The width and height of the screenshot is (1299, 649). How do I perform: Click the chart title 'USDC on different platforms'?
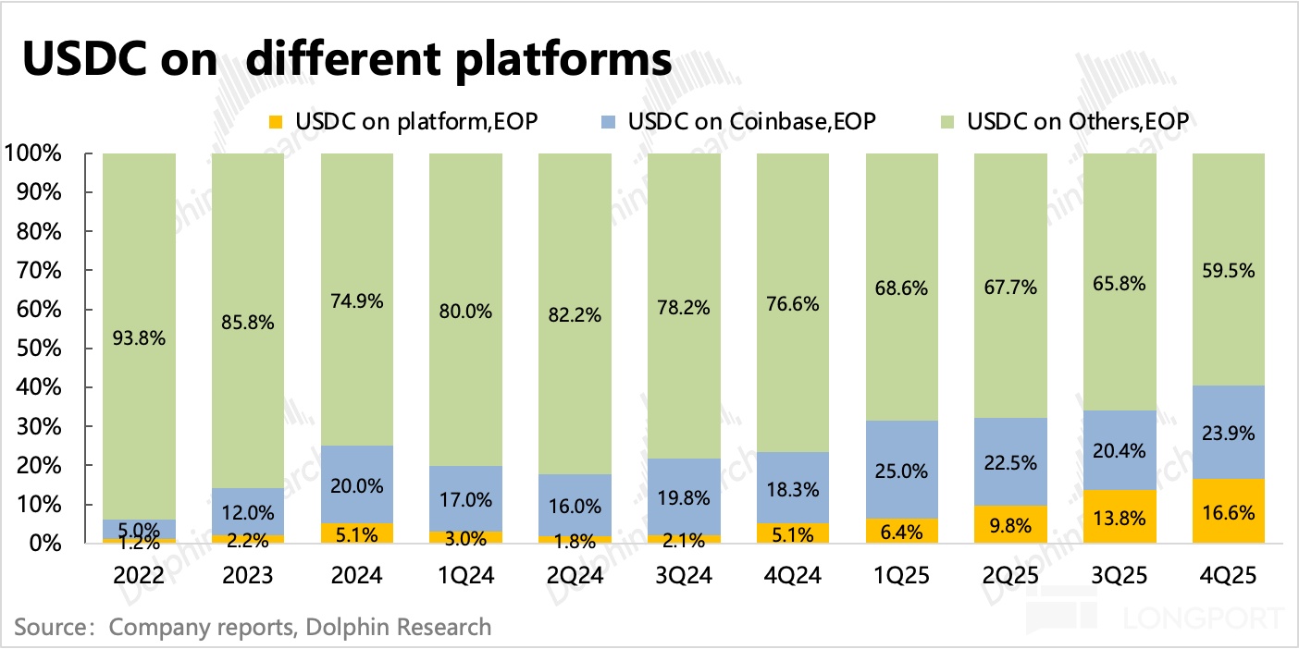(x=346, y=59)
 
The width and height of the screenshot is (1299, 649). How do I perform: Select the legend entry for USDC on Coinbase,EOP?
(x=750, y=121)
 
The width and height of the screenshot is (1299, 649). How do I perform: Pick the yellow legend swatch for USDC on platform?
(x=275, y=121)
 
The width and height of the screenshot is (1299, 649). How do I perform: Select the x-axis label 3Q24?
(x=684, y=576)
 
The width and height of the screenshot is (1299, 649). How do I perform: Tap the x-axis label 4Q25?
(x=1229, y=576)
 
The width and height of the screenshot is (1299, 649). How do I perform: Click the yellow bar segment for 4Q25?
(x=1229, y=511)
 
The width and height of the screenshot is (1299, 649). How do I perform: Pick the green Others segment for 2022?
(x=139, y=277)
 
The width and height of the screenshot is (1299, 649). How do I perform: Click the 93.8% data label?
(x=139, y=338)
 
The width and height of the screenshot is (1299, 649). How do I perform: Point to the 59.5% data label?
(x=1229, y=271)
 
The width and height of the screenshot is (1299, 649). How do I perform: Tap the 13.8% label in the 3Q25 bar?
(x=1120, y=509)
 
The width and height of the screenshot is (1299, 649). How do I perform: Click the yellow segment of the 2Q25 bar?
(x=1010, y=524)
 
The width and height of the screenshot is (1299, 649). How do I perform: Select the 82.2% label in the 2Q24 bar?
(x=575, y=315)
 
